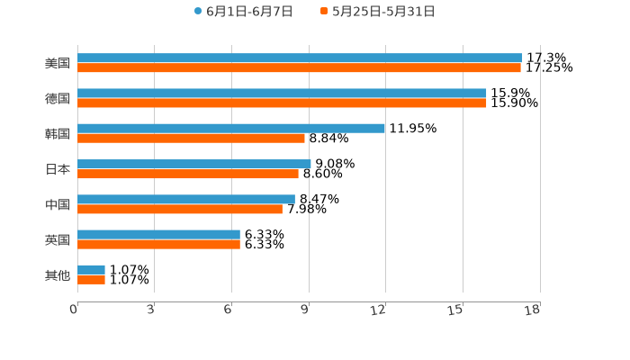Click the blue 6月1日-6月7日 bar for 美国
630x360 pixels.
click(x=300, y=58)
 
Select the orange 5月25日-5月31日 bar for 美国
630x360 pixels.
click(x=299, y=67)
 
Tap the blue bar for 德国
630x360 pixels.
click(x=282, y=93)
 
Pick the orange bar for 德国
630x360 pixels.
click(x=282, y=103)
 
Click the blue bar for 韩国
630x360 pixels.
click(x=231, y=128)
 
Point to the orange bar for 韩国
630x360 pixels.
click(x=191, y=139)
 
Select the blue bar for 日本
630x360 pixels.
click(x=194, y=164)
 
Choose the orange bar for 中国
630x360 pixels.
click(x=180, y=209)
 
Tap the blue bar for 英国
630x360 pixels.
click(x=158, y=234)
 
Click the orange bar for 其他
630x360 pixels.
click(x=91, y=279)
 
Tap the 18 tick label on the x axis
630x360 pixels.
click(x=533, y=310)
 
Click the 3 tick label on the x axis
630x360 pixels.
click(x=151, y=310)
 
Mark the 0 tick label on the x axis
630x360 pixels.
click(x=74, y=310)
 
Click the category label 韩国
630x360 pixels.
click(x=58, y=133)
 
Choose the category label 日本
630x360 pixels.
click(x=58, y=169)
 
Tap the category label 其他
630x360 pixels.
click(x=58, y=274)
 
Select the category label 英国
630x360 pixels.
click(x=58, y=239)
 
